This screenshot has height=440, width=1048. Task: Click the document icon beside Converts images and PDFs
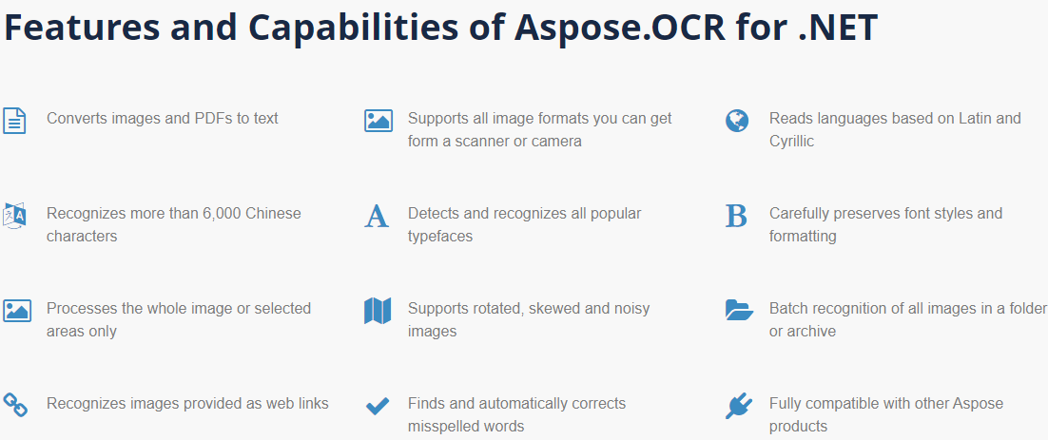click(x=14, y=121)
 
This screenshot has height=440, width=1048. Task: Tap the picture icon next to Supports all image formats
click(x=378, y=121)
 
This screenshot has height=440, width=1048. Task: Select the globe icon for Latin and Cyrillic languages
click(x=737, y=121)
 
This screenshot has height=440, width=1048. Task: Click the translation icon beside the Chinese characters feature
click(x=14, y=216)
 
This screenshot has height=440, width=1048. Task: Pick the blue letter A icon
click(x=377, y=217)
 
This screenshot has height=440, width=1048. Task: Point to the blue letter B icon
click(x=736, y=217)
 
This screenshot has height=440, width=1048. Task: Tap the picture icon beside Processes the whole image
click(x=17, y=311)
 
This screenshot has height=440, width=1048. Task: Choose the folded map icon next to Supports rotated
click(x=378, y=311)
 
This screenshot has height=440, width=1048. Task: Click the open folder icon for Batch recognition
click(x=739, y=310)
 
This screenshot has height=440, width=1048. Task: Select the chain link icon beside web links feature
click(x=15, y=405)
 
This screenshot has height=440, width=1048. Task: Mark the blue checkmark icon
click(x=378, y=407)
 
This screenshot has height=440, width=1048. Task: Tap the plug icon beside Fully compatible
click(x=738, y=407)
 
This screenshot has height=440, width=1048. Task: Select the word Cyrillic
click(x=791, y=142)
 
